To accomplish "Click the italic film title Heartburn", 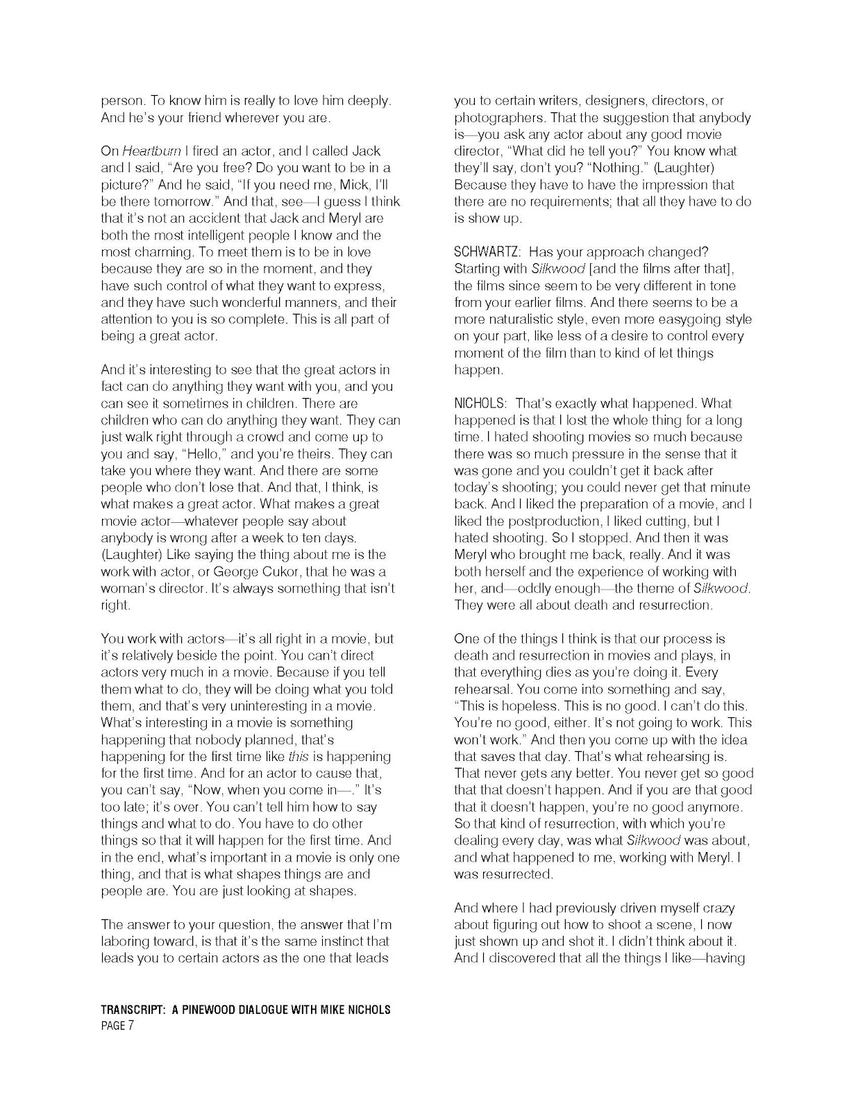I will point(147,151).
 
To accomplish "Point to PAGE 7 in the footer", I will point(117,1027).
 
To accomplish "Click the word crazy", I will point(718,908).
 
